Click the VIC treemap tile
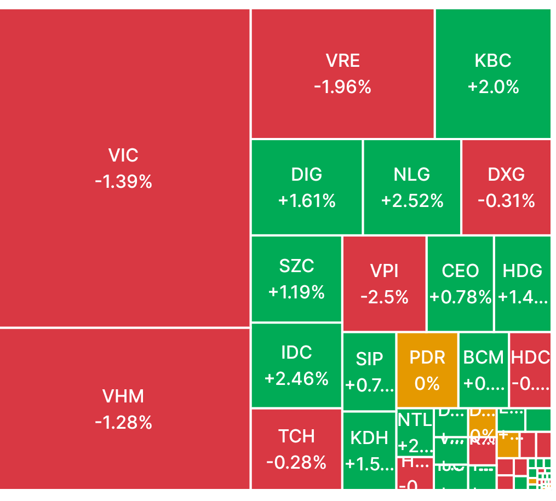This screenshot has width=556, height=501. coord(124,168)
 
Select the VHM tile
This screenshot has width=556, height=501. coord(124,408)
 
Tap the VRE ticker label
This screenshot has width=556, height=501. coord(343,61)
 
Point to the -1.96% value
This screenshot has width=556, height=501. coord(343,87)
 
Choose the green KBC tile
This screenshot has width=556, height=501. coord(493,73)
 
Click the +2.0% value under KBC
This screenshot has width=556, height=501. coord(493,87)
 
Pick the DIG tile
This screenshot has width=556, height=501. coord(307,187)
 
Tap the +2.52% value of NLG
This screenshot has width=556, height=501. coord(412,201)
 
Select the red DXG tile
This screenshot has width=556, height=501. coord(506,187)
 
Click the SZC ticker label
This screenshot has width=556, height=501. coord(296,266)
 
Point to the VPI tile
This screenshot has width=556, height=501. coord(384,284)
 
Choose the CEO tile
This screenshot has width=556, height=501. coord(460,284)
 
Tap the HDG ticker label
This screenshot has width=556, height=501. coord(523,270)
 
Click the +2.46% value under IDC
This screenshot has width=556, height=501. coord(296,378)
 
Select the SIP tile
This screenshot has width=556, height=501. coord(369,371)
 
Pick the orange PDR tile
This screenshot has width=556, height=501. coord(427,370)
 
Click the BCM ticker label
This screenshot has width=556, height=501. coord(483,358)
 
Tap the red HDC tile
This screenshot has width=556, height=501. coord(530,370)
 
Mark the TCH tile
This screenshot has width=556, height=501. coord(296,449)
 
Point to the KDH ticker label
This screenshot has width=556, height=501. coord(369,438)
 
